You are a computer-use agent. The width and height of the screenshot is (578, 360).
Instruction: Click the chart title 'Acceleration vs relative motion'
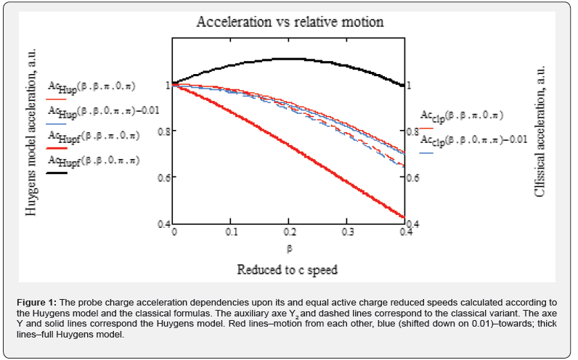tap(290, 22)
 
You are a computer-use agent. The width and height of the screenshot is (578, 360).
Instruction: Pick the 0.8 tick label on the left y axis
tap(162, 131)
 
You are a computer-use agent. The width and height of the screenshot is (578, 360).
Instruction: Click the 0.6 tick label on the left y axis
tap(162, 177)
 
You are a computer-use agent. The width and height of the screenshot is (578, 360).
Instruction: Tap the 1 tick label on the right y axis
tap(410, 85)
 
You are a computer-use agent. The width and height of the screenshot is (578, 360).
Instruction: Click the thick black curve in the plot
tap(290, 59)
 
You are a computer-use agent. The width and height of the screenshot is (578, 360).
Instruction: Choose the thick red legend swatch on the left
tap(57, 147)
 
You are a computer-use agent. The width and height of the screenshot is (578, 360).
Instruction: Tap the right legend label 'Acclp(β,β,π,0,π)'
tap(463, 115)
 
